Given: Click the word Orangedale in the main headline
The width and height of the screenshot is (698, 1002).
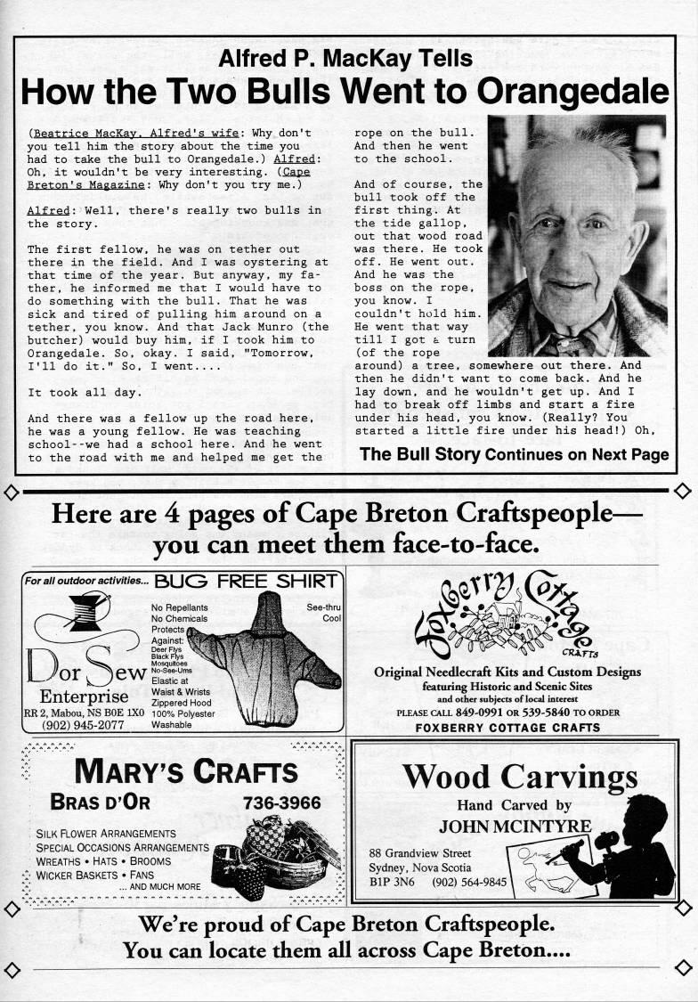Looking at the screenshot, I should (572, 91).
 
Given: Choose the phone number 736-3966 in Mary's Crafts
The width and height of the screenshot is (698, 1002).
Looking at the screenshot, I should (281, 802).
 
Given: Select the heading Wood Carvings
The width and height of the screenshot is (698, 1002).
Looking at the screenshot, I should (520, 778).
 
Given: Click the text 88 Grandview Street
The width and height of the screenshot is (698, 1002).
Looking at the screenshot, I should (420, 852).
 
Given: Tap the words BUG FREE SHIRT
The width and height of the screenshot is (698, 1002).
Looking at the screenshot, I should (246, 582).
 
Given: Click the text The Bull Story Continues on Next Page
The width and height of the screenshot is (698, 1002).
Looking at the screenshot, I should (514, 454).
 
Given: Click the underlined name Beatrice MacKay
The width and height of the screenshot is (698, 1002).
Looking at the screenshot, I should (84, 133).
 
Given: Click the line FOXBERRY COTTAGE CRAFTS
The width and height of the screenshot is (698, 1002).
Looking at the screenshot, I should (507, 728).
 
